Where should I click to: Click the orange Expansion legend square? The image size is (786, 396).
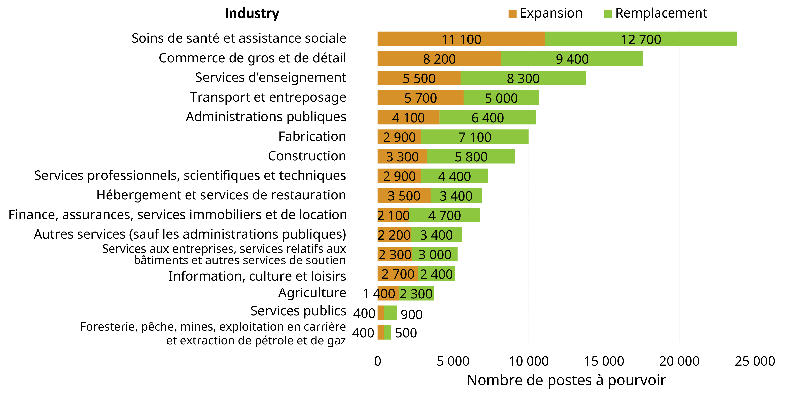[x=512, y=14]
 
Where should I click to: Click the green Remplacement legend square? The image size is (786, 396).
[x=607, y=14]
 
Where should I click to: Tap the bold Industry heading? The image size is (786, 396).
[x=252, y=13]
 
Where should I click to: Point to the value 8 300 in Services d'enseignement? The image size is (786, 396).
[x=523, y=78]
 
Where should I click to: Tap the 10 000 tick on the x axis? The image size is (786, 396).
[x=528, y=361]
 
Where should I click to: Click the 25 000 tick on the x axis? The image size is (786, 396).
[x=755, y=361]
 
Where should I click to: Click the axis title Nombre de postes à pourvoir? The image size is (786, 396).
[x=566, y=380]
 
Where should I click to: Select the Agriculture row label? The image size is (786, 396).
[x=312, y=293]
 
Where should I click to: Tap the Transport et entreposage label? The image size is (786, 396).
[x=268, y=97]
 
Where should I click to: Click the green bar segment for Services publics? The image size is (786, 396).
[x=390, y=313]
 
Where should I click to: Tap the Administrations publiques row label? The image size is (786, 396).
[x=266, y=117]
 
